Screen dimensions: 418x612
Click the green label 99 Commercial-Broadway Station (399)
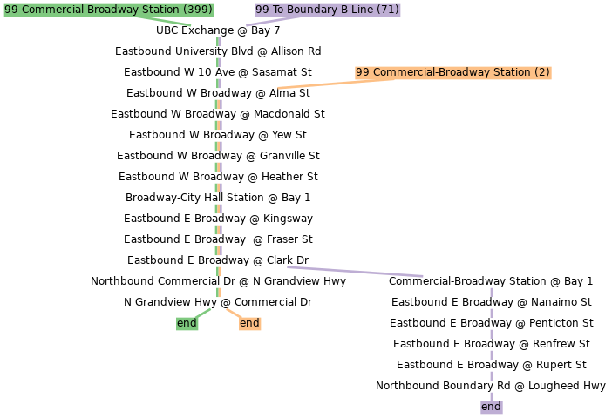click(108, 10)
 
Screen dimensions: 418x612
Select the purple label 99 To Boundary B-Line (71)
click(327, 10)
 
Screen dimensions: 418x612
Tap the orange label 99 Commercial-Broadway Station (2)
click(452, 72)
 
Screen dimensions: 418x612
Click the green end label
click(187, 323)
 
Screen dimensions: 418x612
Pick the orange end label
click(249, 323)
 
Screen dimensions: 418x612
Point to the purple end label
click(491, 407)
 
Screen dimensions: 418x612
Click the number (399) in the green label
click(197, 10)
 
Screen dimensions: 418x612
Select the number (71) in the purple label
click(388, 10)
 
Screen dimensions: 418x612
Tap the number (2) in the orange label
click(542, 72)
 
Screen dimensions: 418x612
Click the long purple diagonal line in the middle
click(355, 272)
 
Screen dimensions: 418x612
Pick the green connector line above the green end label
click(203, 313)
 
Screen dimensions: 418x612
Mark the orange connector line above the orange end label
click(234, 313)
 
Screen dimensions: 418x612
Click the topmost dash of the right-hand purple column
click(492, 292)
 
